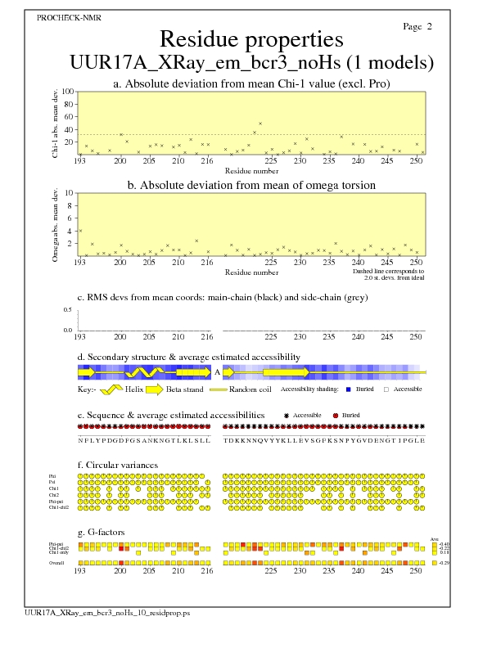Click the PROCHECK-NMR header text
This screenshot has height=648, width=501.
point(64,17)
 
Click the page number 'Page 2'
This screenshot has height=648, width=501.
point(417,27)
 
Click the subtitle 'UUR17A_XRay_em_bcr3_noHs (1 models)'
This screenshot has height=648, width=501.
point(251,63)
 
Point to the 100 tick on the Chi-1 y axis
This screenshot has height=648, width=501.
point(69,92)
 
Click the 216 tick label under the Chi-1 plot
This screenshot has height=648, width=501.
point(207,160)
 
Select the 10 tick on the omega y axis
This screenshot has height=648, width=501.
point(70,192)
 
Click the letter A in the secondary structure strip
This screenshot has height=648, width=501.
point(217,371)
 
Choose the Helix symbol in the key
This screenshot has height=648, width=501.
point(111,389)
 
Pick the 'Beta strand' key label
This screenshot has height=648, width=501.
point(184,389)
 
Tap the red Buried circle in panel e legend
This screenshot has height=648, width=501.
point(336,416)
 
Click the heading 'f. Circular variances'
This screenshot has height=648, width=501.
point(111,466)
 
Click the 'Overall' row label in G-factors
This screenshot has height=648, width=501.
point(58,563)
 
